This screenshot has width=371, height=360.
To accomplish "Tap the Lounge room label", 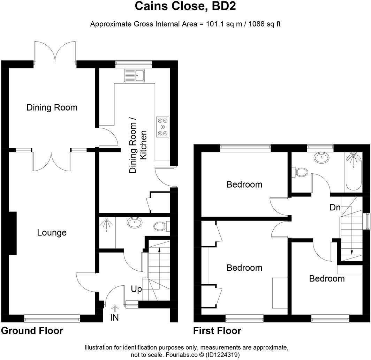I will pos(52,233).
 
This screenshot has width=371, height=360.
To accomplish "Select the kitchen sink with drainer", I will pos(135,75).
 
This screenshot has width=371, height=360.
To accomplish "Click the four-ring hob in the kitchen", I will pos(162,126).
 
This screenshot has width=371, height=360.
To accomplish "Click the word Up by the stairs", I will pos(136,289).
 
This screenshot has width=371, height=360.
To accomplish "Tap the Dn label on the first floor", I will pos(335,207).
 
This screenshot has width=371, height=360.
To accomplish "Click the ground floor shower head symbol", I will pos(105,225).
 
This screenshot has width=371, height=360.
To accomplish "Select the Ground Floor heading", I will pos(32,331).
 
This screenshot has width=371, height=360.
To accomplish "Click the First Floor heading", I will pos(217,331).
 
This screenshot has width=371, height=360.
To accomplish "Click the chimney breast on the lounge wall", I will pos(12,233).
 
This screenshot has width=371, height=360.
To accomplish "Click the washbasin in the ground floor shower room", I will pos(134,223).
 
